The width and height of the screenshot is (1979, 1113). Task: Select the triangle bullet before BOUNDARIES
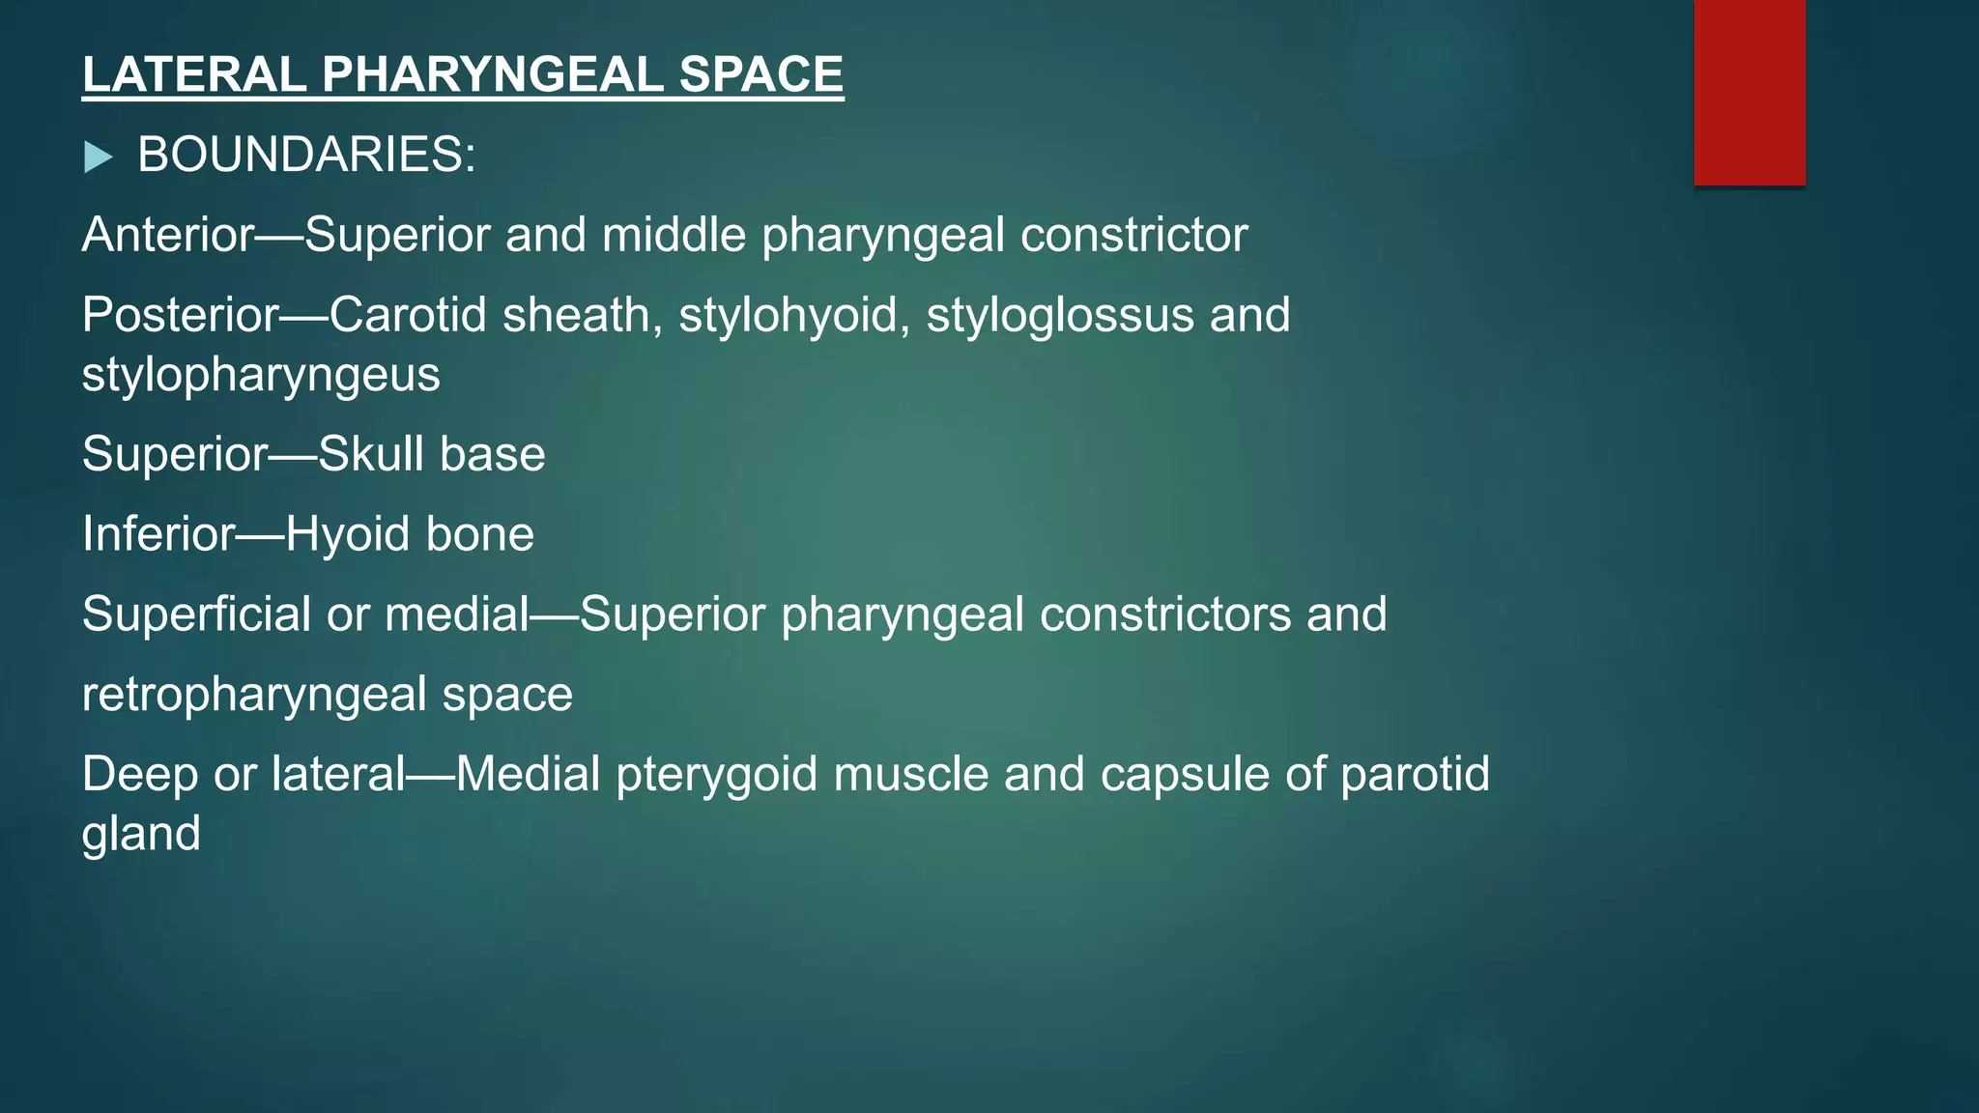[98, 157]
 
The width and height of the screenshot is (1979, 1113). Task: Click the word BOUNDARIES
[306, 155]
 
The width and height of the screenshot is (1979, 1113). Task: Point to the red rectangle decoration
[1749, 92]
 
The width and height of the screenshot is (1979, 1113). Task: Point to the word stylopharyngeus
[261, 375]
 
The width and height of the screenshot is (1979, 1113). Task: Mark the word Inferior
[158, 534]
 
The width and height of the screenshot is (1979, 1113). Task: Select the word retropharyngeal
[254, 695]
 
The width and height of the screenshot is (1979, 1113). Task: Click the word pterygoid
[717, 775]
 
